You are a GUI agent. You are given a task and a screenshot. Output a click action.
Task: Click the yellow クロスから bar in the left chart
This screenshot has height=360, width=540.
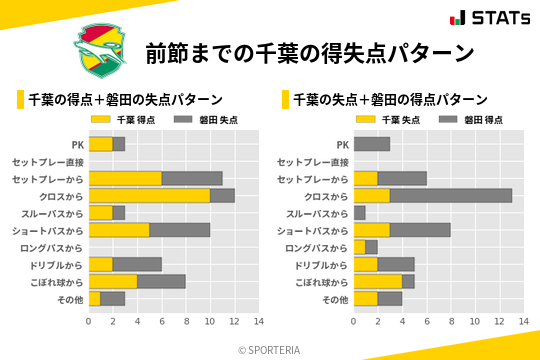[x=149, y=196]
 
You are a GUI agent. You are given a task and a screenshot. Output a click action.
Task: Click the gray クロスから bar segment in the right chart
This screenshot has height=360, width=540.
[x=451, y=196]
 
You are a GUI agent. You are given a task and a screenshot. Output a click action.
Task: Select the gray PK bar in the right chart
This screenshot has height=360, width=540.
[x=372, y=144]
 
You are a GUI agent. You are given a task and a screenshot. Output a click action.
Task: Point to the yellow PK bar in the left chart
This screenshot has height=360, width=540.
[x=101, y=144]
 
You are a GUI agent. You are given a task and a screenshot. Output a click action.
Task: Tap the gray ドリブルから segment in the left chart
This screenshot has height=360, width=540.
[x=137, y=264]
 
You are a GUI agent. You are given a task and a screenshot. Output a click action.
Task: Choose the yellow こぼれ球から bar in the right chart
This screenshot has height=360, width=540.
[x=378, y=281]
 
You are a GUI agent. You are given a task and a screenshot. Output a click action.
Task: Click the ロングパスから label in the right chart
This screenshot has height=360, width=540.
[x=318, y=247]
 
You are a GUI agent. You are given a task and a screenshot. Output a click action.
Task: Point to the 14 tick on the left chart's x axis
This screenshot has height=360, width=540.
[x=258, y=321]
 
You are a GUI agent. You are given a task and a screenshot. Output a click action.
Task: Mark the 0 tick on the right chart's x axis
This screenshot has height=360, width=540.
[x=354, y=321]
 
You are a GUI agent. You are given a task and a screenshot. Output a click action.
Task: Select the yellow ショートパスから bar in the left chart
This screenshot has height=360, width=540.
[x=119, y=230]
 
